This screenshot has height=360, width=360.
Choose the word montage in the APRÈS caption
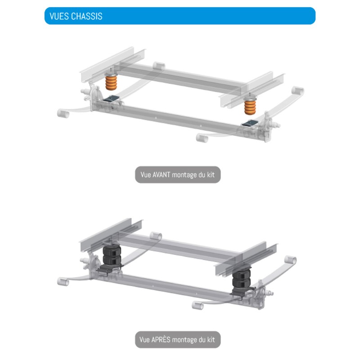click(185, 340)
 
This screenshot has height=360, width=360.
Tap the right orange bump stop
click(250, 106)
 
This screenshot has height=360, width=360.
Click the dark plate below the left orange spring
click(111, 98)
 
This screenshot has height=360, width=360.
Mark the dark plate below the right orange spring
click(248, 122)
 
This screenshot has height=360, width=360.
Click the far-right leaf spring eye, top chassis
click(297, 91)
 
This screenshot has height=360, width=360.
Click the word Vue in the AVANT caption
click(145, 175)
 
